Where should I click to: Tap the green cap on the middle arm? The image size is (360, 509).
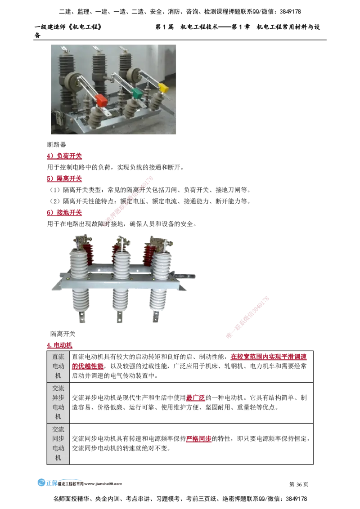point(136,93)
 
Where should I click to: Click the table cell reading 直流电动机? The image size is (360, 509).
point(58,366)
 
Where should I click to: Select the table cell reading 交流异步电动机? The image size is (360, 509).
point(58,402)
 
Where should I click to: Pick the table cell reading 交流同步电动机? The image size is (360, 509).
point(58,443)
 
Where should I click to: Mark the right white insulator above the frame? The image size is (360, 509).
point(161,263)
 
